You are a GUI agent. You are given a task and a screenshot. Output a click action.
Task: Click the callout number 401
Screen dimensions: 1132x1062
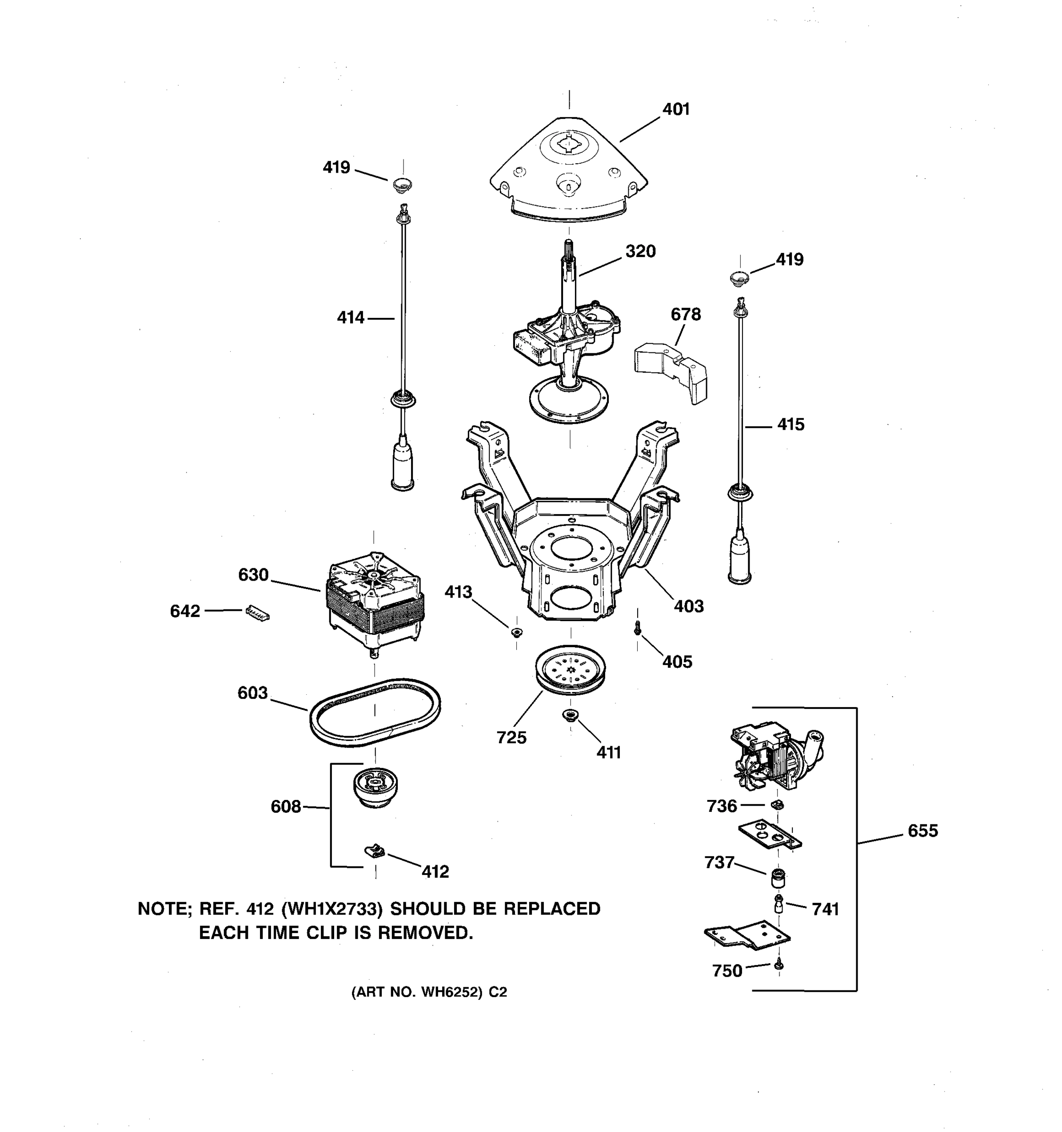676,109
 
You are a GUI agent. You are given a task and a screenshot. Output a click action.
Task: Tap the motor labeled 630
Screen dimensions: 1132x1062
375,599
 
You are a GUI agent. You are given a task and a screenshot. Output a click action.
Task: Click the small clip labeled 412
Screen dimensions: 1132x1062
374,852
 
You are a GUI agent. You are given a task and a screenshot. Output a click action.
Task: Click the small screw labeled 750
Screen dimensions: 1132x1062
779,965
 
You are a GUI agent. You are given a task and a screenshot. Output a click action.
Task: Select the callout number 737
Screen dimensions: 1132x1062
719,863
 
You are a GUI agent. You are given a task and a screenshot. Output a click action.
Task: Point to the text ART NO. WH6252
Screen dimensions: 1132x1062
429,992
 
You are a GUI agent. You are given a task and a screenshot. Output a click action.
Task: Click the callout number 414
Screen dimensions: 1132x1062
350,318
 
